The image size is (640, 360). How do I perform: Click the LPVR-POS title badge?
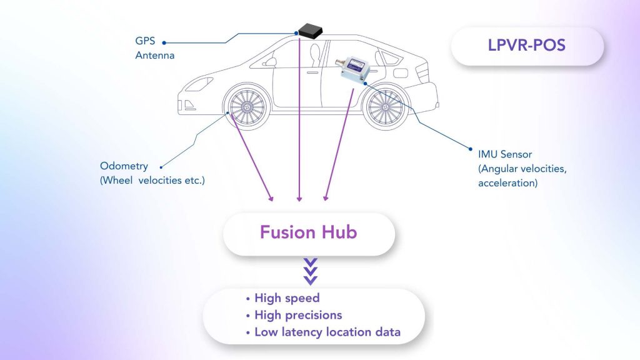(x=527, y=46)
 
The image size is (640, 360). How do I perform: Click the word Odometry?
(x=124, y=166)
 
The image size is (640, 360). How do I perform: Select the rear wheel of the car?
(x=386, y=107)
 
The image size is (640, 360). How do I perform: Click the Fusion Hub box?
(x=309, y=233)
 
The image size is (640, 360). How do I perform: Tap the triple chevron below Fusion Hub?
(x=310, y=271)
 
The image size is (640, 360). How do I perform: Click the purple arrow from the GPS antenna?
(x=299, y=125)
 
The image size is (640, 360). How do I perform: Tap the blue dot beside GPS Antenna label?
(x=164, y=42)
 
